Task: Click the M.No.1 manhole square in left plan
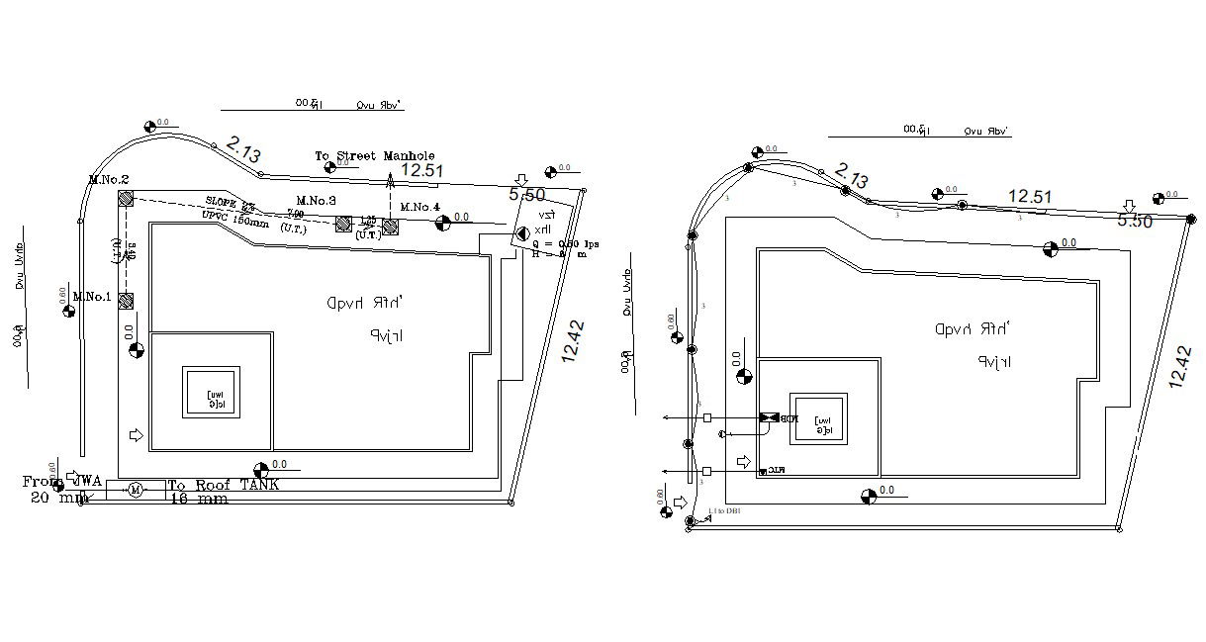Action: point(126,301)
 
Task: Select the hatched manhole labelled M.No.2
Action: point(126,199)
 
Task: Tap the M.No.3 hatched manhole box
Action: point(343,225)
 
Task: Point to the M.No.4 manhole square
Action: point(390,227)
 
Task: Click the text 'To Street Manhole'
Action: point(374,156)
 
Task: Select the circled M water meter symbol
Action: point(136,490)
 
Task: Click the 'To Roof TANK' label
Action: point(223,485)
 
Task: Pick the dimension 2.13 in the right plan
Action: point(852,177)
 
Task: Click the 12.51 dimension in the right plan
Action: point(1029,197)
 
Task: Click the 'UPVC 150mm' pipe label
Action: point(235,220)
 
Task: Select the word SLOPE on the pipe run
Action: point(224,202)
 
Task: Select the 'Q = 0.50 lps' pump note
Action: point(565,243)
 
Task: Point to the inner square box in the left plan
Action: point(210,393)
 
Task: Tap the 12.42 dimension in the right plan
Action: point(1178,366)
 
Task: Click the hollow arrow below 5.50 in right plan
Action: point(1129,206)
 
